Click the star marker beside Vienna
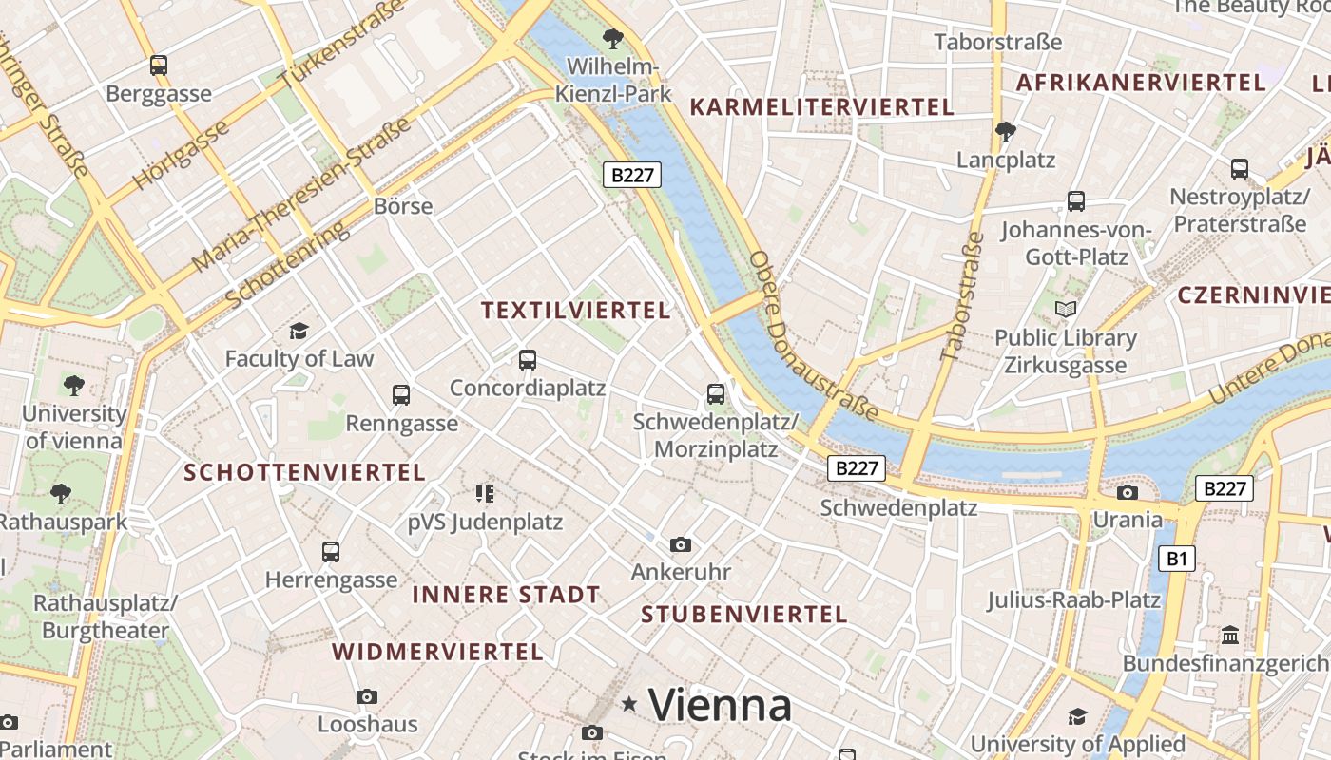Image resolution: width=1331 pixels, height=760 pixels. (628, 704)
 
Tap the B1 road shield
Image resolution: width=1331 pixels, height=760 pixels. (1177, 558)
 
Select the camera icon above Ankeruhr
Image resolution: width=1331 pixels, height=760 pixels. (680, 544)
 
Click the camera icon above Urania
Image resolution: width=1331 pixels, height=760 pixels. (1128, 492)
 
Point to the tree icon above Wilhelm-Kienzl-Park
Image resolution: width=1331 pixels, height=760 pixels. (613, 39)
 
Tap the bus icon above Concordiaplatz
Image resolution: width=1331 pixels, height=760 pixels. (528, 360)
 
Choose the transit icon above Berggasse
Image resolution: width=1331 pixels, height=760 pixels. (159, 66)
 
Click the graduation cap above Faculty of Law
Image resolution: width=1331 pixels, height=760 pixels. (299, 331)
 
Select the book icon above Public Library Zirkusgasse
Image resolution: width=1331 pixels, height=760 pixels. (1066, 309)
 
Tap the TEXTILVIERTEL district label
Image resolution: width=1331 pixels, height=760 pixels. (575, 311)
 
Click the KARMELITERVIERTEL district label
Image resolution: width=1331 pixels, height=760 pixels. (821, 107)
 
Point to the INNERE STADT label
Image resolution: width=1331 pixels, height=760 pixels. (506, 595)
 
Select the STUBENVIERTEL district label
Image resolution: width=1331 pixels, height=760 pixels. (743, 615)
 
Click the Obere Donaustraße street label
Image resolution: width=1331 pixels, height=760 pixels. (812, 334)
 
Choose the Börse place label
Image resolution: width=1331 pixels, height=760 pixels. (403, 206)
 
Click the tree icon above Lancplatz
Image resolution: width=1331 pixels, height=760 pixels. (1005, 131)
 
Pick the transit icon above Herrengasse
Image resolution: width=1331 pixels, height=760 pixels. (331, 551)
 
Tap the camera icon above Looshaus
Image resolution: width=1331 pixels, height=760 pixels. (367, 697)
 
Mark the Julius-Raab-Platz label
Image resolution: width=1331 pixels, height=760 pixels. (1073, 600)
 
